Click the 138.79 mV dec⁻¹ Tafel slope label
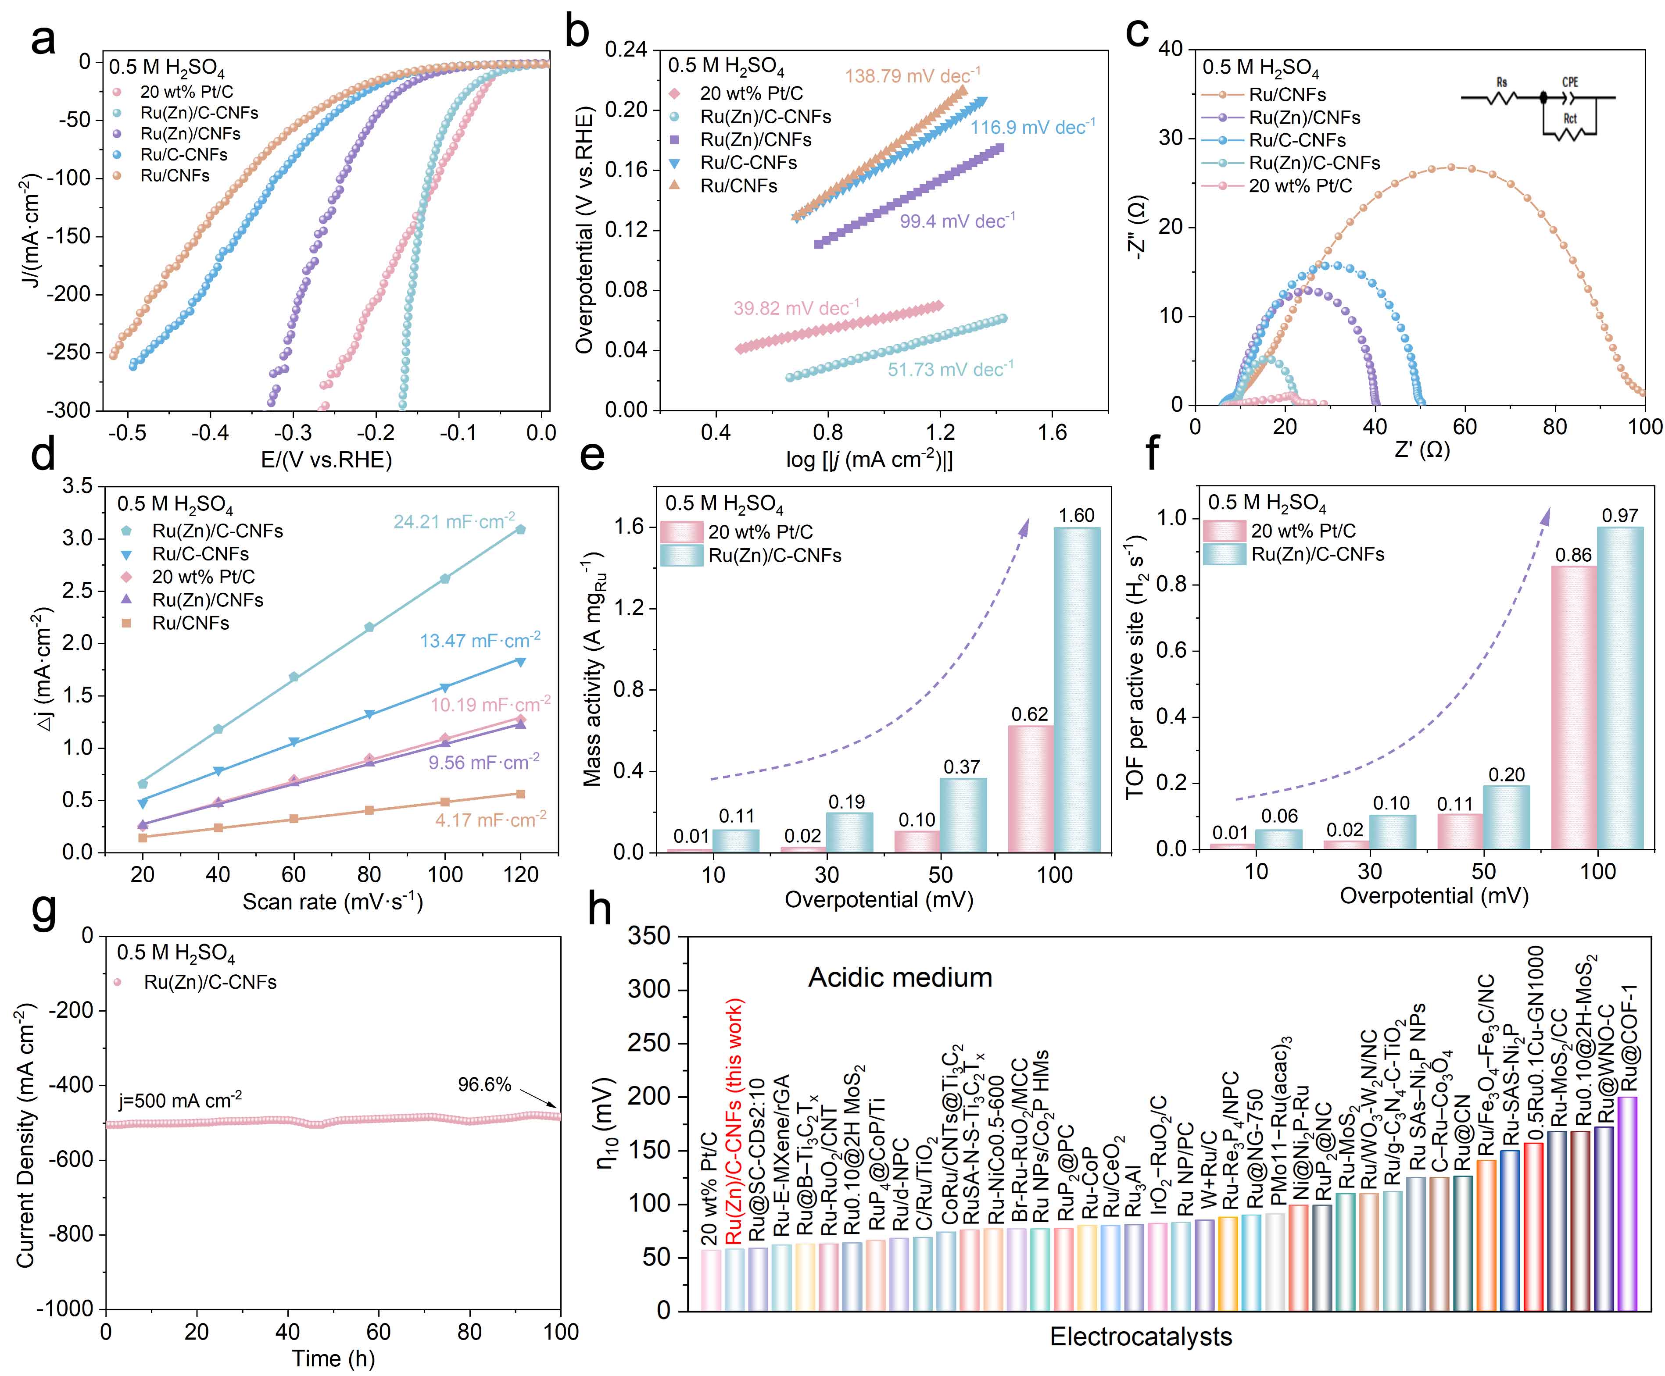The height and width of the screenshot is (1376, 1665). [x=912, y=76]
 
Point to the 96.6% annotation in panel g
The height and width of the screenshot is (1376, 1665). [x=484, y=1084]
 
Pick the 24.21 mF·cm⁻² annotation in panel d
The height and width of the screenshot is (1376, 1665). [x=454, y=521]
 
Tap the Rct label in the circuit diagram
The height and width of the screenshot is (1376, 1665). [x=1570, y=119]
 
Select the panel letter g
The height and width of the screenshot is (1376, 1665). [x=43, y=912]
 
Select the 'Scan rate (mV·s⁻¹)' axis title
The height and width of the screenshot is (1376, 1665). [x=332, y=902]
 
